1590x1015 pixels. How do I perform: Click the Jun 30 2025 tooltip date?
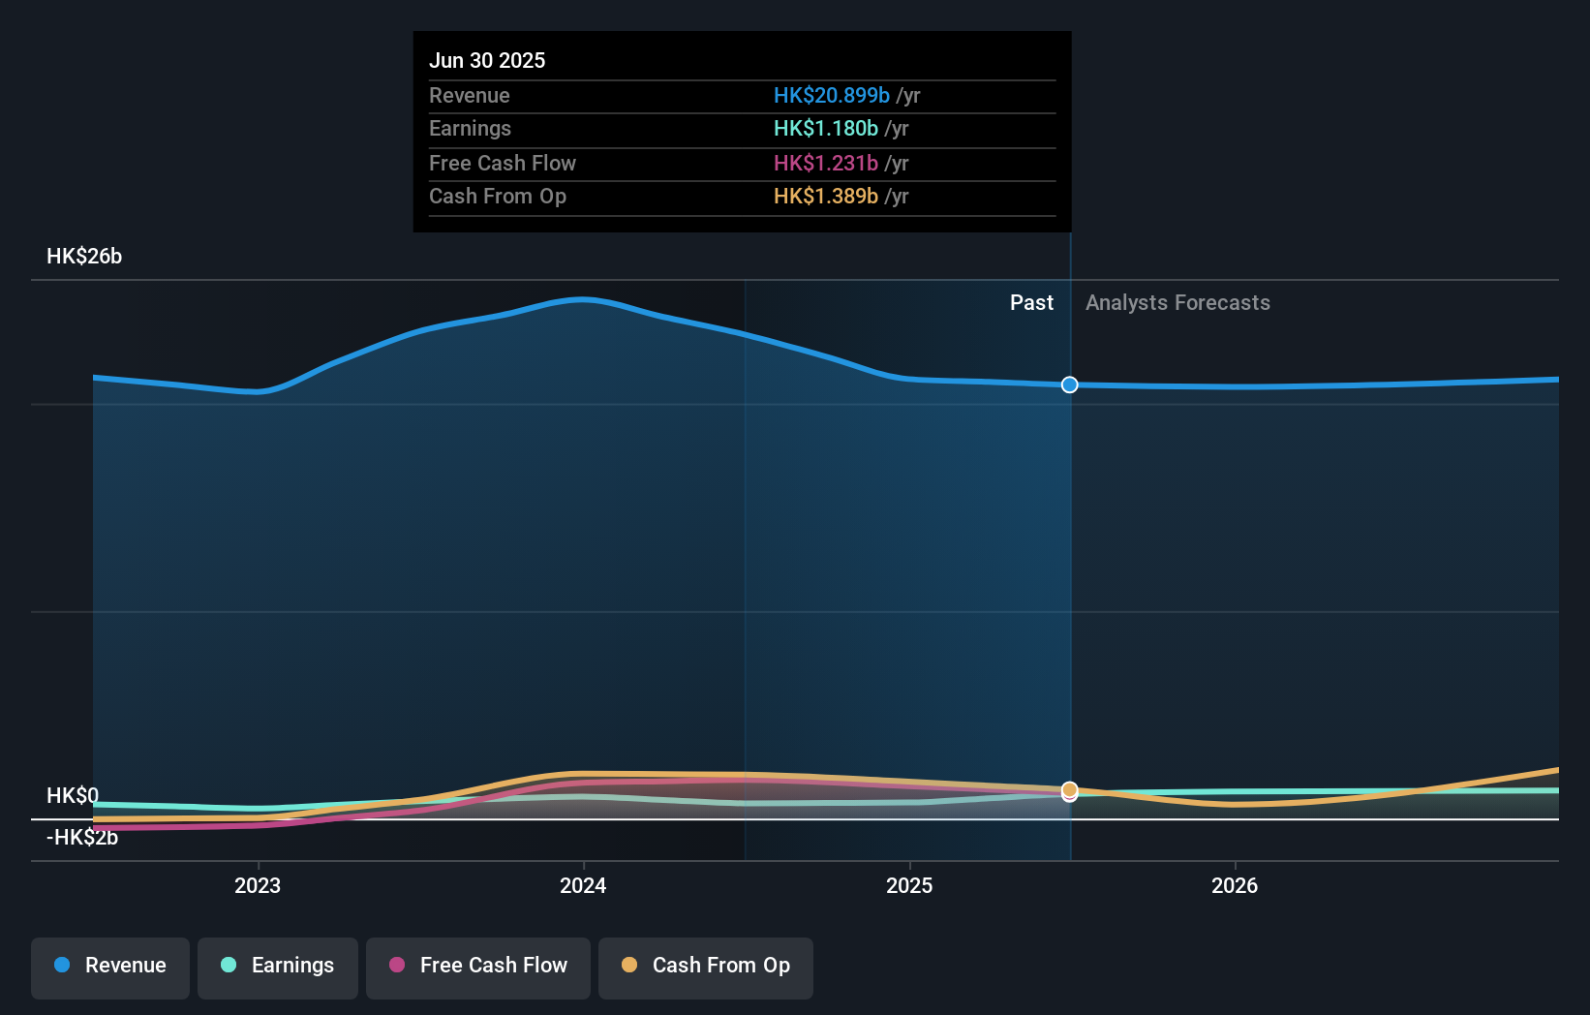(x=487, y=60)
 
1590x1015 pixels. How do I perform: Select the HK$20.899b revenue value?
(x=831, y=95)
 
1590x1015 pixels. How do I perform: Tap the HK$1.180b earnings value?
(x=825, y=129)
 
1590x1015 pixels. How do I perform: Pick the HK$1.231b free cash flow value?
(x=825, y=163)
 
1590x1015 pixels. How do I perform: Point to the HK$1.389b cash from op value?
(x=825, y=197)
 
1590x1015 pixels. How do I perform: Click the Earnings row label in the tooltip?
(x=470, y=129)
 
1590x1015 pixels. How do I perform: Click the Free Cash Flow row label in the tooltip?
(x=502, y=163)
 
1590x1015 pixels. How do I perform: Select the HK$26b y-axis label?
(x=84, y=257)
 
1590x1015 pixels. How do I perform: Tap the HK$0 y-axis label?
(x=72, y=795)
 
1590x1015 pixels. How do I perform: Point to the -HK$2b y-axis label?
(x=82, y=838)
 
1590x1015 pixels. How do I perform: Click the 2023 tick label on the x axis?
(x=258, y=885)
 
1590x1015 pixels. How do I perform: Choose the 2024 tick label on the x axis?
(x=583, y=885)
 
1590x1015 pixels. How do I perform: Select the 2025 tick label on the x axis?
(x=909, y=885)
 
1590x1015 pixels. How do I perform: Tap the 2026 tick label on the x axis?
(x=1235, y=885)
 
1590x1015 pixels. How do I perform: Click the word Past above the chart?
(x=1031, y=303)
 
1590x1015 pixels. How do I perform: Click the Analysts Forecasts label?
(x=1177, y=303)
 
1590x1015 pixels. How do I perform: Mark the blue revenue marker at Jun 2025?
(x=1069, y=385)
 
